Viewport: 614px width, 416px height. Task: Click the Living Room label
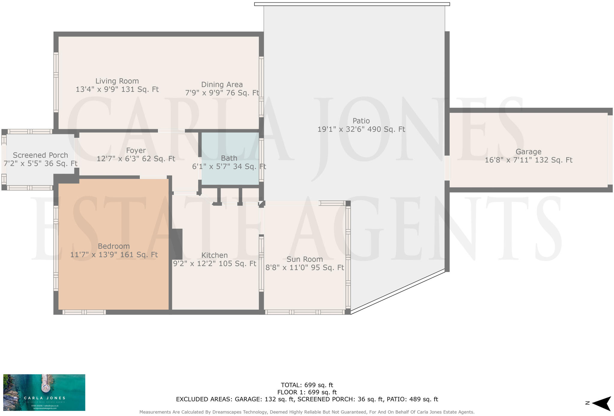coord(117,81)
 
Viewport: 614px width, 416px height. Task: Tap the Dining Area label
coord(222,85)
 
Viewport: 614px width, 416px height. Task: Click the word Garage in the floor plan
coord(528,152)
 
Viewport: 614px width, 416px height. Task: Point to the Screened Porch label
coord(40,155)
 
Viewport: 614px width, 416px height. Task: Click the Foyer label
coord(136,151)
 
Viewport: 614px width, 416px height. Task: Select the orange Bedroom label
coord(114,246)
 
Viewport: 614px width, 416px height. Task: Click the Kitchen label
coord(214,255)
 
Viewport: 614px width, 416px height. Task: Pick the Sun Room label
coord(305,259)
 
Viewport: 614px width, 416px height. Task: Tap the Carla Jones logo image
coord(44,392)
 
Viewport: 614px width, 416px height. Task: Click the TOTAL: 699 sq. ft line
coord(307,385)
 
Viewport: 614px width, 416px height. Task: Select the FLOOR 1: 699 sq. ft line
coord(307,392)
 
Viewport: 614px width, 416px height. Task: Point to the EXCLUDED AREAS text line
coord(307,400)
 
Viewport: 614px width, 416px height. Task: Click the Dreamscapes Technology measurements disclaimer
coord(307,412)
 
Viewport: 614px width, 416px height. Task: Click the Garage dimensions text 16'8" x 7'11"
coord(528,160)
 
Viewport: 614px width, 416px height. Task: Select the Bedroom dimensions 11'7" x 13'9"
coord(114,255)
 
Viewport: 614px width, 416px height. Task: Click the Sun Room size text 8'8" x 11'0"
coord(305,268)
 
